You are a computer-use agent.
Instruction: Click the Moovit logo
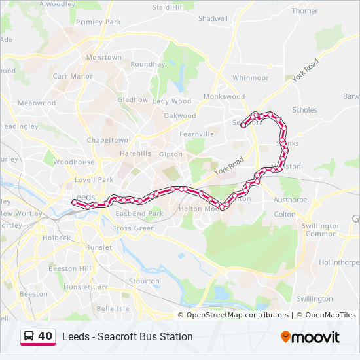click(310, 337)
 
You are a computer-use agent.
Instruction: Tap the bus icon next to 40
click(29, 336)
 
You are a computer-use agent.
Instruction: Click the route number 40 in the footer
click(45, 336)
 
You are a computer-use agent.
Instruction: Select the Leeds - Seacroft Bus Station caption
click(127, 337)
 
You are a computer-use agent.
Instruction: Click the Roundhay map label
click(147, 64)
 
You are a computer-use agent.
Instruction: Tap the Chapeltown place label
click(107, 140)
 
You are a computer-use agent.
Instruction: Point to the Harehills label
click(135, 154)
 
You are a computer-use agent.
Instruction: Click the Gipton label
click(170, 154)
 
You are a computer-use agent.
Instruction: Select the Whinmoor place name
click(250, 77)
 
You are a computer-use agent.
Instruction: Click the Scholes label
click(305, 110)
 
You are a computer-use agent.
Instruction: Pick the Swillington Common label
click(321, 230)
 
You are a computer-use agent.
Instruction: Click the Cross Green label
click(133, 228)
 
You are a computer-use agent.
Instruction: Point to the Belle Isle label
click(113, 308)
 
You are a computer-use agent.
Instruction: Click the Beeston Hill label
click(70, 268)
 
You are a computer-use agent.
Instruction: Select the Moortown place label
click(104, 58)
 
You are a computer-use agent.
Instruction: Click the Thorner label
click(304, 11)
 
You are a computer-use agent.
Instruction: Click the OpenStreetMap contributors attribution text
click(238, 315)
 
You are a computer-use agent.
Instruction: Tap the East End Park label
click(139, 213)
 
